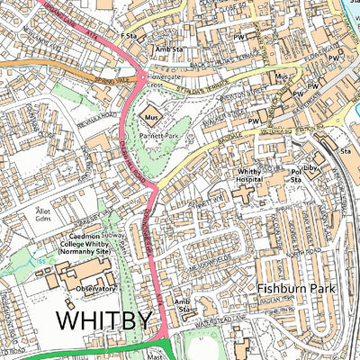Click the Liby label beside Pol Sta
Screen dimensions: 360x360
click(x=310, y=167)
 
